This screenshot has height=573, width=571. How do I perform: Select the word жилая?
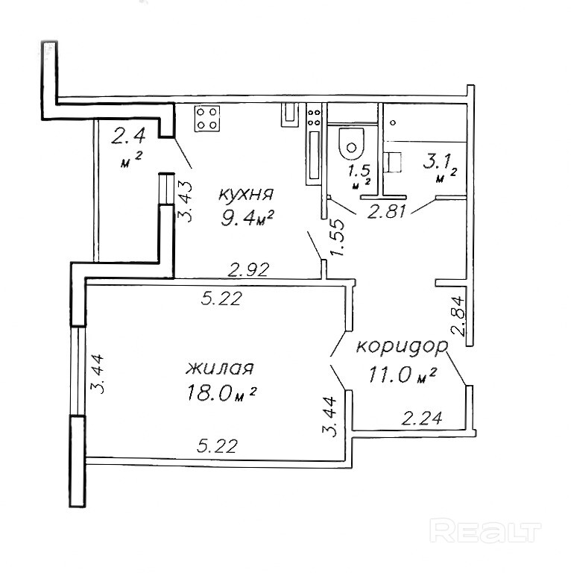pyautogui.click(x=221, y=368)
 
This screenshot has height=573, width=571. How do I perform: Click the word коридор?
pyautogui.click(x=402, y=347)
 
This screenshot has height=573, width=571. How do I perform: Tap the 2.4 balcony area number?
pyautogui.click(x=127, y=137)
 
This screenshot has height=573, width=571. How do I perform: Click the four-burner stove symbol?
pyautogui.click(x=207, y=119)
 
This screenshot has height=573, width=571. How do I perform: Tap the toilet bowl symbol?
pyautogui.click(x=350, y=143)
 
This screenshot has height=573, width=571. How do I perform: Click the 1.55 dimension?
pyautogui.click(x=337, y=237)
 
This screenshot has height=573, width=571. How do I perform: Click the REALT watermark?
pyautogui.click(x=485, y=531)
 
